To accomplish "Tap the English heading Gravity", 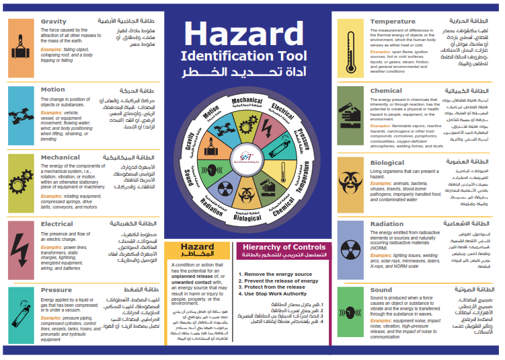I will [54, 22].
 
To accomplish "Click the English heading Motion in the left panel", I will [53, 89].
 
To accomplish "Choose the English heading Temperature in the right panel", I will [393, 22].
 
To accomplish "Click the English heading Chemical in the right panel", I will [386, 90].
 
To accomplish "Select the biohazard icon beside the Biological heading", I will [351, 181].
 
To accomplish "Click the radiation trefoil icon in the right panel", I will [351, 248].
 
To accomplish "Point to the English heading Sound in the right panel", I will [381, 290].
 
